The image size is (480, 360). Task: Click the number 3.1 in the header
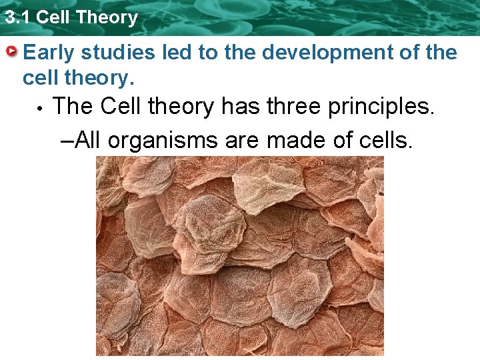17,17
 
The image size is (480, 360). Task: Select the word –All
80,140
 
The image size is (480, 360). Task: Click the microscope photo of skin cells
240,256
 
